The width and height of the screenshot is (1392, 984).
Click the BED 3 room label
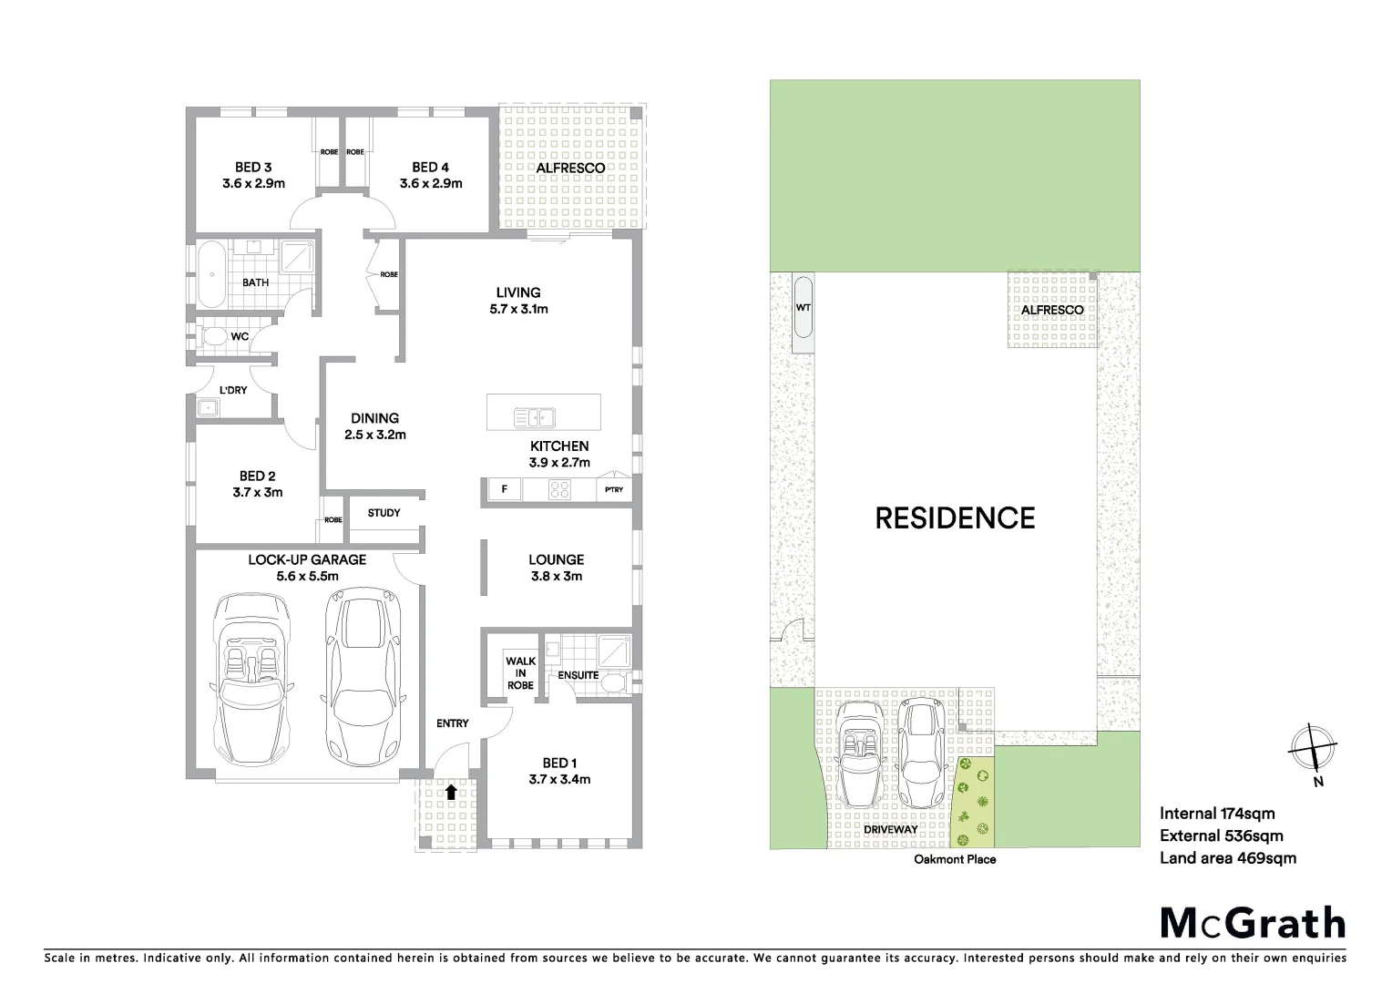[x=253, y=175]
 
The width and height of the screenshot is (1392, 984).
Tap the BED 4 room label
[x=430, y=175]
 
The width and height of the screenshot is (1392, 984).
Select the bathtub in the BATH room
[x=211, y=272]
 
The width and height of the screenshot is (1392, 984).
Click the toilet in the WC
[x=215, y=337]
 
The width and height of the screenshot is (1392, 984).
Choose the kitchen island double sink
[x=535, y=417]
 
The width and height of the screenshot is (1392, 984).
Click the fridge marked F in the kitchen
[x=504, y=490]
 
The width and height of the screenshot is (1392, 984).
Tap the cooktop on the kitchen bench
[x=559, y=490]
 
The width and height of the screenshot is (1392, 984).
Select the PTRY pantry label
[x=614, y=490]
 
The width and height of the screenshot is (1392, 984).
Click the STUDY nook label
[x=384, y=513]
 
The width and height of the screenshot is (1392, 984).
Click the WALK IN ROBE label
[x=520, y=673]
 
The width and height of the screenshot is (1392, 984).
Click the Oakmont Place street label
[x=955, y=859]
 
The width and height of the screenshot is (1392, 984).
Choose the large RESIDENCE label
[x=955, y=518]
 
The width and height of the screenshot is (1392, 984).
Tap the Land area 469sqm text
[x=1227, y=857]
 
